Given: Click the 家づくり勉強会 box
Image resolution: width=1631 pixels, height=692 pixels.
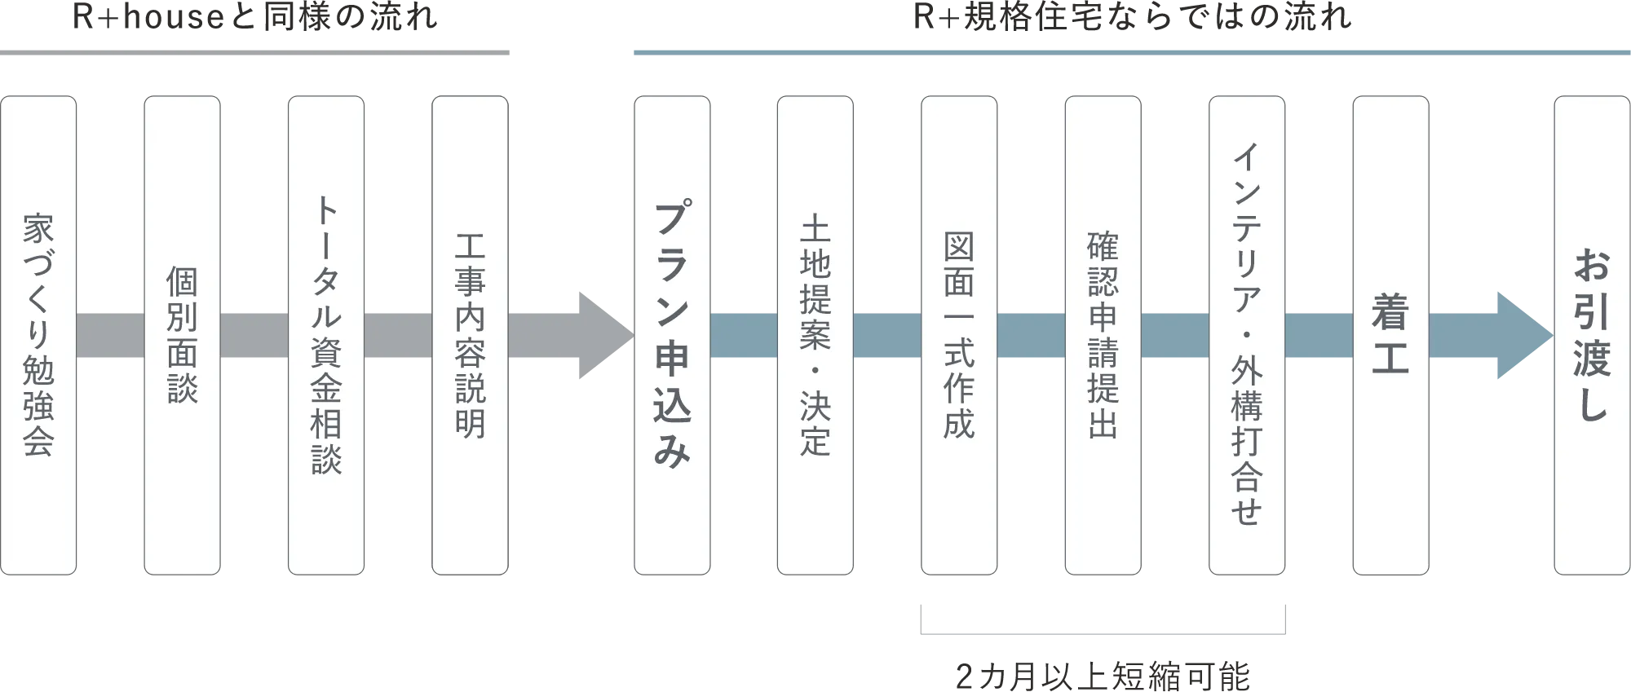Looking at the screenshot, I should tap(38, 335).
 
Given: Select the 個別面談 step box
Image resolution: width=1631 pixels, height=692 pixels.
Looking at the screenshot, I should tap(182, 335).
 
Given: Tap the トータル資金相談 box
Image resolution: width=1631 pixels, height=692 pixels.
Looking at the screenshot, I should tap(325, 335).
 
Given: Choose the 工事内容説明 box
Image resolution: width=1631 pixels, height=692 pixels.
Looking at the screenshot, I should tap(469, 335).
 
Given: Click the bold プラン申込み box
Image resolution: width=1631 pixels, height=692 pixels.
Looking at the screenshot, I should tap(672, 335).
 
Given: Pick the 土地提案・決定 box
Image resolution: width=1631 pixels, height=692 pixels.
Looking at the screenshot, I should tap(815, 335).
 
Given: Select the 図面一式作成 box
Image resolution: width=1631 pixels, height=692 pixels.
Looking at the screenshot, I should tap(958, 335).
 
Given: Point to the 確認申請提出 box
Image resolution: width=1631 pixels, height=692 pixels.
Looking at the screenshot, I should tap(1103, 335).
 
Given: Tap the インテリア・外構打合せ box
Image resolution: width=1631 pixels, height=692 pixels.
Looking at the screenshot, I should tap(1246, 335).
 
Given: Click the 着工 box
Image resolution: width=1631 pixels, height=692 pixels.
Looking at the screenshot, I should tap(1390, 335).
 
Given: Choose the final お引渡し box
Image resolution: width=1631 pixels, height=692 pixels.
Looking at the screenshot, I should tap(1591, 335).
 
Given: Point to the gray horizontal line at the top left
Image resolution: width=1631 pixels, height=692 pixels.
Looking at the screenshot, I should tap(257, 52).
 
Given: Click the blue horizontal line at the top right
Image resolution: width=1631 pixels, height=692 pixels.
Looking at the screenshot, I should tap(1132, 52).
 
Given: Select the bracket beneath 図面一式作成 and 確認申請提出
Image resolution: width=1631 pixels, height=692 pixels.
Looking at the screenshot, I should tap(1105, 633).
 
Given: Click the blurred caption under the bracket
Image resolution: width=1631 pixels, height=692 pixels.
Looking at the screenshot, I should tap(1103, 676).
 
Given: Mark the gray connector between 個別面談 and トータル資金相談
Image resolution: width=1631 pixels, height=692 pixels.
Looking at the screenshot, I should tap(254, 335).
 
